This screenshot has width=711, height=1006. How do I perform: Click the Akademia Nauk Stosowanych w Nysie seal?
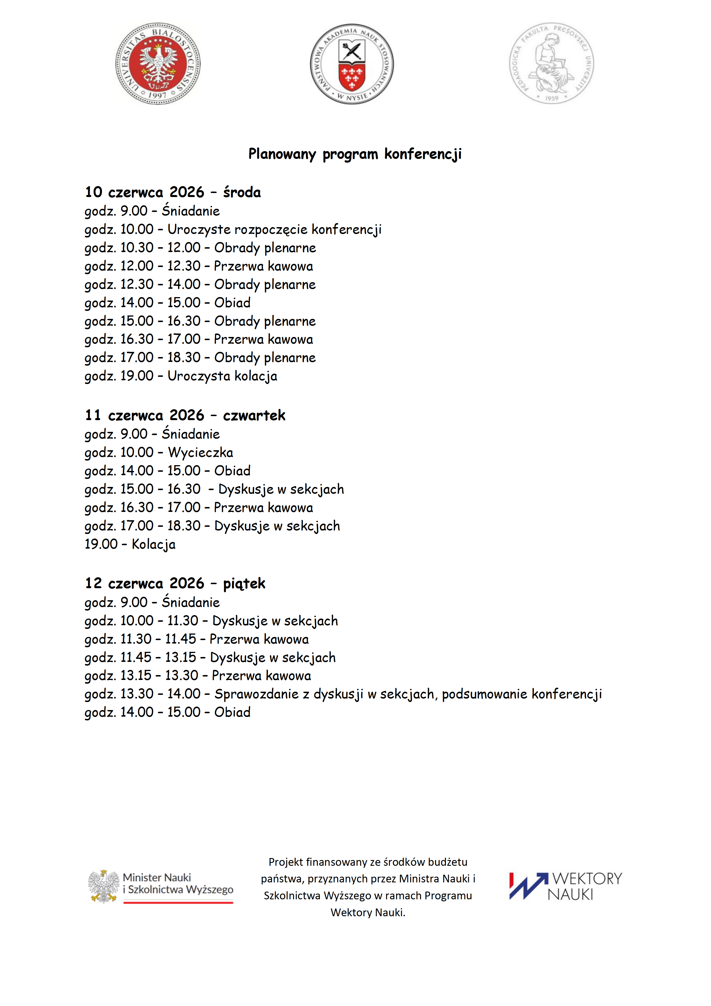(352, 64)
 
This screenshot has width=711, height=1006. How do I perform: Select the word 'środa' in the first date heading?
(242, 192)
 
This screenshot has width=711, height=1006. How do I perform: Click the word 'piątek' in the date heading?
(244, 584)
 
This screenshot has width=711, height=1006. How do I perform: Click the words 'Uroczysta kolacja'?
(222, 376)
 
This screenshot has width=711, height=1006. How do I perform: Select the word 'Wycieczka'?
(201, 453)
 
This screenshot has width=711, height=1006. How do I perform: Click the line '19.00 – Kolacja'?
(130, 544)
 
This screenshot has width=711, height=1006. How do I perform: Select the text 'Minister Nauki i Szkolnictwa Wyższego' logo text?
(178, 884)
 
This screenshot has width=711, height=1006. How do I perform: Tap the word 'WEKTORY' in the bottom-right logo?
(587, 878)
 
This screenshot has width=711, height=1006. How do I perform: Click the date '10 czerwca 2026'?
(144, 192)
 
